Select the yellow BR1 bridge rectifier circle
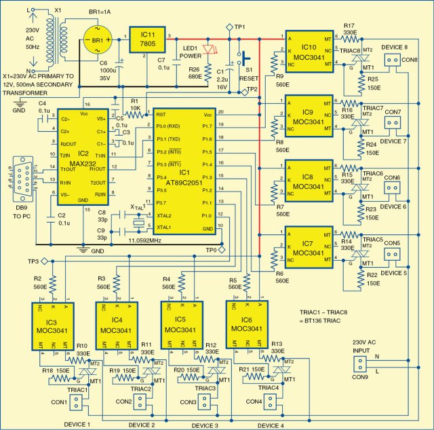(x=100, y=40)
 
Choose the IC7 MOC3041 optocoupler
(x=310, y=247)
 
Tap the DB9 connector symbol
(x=21, y=177)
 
